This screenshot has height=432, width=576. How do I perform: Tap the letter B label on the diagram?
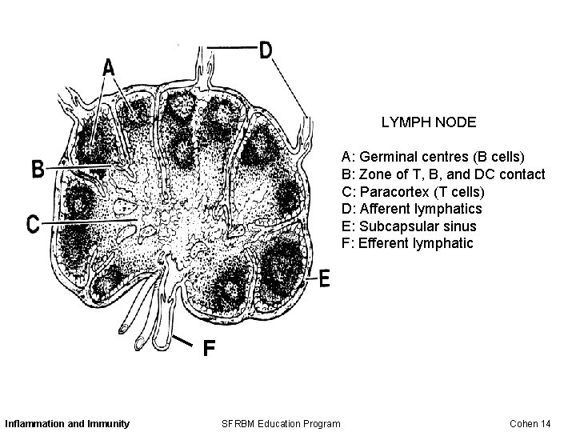[38, 169]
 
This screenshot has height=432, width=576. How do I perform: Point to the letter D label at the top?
[266, 50]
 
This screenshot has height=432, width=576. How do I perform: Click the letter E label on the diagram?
[325, 278]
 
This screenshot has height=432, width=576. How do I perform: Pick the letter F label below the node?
[208, 349]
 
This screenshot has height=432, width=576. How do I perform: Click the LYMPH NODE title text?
[428, 122]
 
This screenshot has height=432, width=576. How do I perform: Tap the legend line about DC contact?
[443, 174]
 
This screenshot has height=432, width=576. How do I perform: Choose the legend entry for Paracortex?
[413, 192]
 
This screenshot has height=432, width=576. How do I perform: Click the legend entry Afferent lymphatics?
[412, 209]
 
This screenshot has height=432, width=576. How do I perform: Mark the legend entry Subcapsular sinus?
[409, 226]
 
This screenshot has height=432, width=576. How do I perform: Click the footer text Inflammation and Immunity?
[67, 422]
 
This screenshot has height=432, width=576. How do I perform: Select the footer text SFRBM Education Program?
[281, 422]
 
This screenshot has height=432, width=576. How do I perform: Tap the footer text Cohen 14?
[530, 422]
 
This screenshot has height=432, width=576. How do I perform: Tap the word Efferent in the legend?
[384, 243]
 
